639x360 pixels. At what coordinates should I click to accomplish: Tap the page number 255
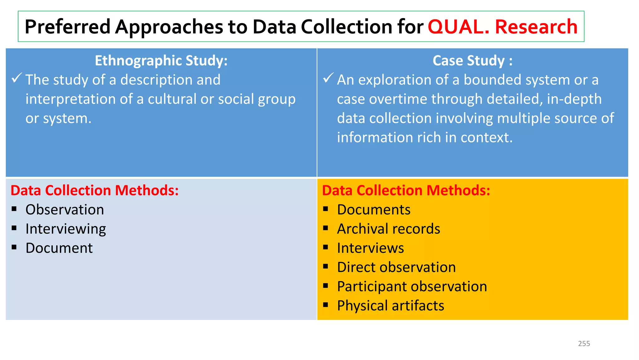584,343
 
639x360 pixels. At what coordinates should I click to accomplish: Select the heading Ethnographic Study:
161,61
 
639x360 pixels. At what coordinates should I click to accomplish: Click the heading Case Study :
472,61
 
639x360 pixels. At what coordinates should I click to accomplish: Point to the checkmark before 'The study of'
17,78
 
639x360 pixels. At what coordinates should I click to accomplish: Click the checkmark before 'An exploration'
328,78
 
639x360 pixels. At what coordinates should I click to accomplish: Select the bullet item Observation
65,210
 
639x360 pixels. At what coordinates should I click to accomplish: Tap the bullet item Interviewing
66,229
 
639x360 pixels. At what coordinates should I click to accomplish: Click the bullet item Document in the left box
59,248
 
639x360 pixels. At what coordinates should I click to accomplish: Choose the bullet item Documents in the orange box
373,210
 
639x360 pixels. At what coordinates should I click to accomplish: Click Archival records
388,229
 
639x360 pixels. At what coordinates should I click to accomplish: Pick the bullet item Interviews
370,248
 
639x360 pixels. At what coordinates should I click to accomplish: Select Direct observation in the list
396,267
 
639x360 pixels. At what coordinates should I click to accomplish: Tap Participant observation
412,287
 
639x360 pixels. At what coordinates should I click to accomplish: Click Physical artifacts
390,306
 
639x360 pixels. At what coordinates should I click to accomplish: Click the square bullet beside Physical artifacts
326,305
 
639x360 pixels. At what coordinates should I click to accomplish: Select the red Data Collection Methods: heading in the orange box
406,190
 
